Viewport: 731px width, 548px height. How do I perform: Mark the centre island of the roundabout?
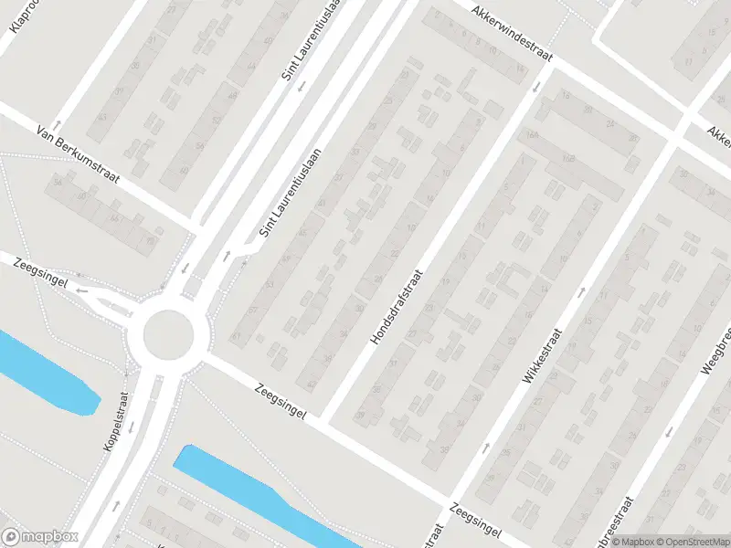click(x=169, y=334)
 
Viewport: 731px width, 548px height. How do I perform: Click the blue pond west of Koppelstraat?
click(x=46, y=374)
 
